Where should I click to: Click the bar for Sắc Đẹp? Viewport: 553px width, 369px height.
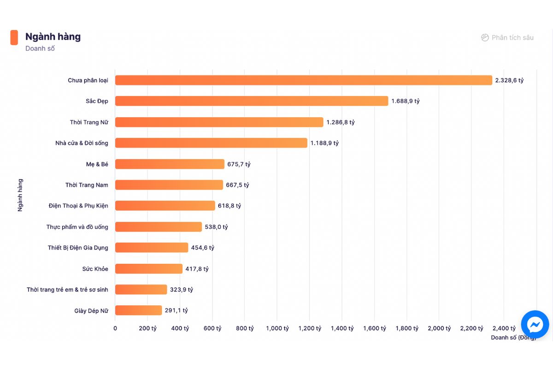[252, 101]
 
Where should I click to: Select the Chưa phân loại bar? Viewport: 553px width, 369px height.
[303, 80]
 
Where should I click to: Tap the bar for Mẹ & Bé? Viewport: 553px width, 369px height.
[170, 164]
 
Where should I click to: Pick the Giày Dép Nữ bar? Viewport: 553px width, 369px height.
[138, 310]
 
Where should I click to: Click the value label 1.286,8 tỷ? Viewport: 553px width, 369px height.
[341, 122]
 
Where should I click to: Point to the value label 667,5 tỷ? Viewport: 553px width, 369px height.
[237, 185]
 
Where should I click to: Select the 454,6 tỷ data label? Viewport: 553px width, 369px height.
[203, 248]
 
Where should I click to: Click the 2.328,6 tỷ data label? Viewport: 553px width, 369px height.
[509, 80]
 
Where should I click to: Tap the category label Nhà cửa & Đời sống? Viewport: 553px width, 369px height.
[82, 143]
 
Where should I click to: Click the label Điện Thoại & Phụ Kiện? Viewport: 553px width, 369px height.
[78, 206]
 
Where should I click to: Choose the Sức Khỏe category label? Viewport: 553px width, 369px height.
[95, 269]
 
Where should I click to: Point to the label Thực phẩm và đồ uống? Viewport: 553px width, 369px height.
[77, 227]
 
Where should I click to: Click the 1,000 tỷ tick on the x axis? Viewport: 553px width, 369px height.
[277, 328]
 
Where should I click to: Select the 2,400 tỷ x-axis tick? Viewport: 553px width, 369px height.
[504, 328]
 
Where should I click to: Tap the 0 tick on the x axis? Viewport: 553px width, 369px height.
[115, 328]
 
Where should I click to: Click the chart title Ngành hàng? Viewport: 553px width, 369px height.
[53, 37]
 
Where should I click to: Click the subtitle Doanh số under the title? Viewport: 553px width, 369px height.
[40, 48]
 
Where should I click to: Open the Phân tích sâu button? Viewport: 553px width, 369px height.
[507, 38]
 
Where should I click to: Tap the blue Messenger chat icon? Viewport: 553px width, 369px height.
[535, 325]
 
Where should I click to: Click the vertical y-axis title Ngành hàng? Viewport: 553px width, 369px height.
[20, 195]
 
